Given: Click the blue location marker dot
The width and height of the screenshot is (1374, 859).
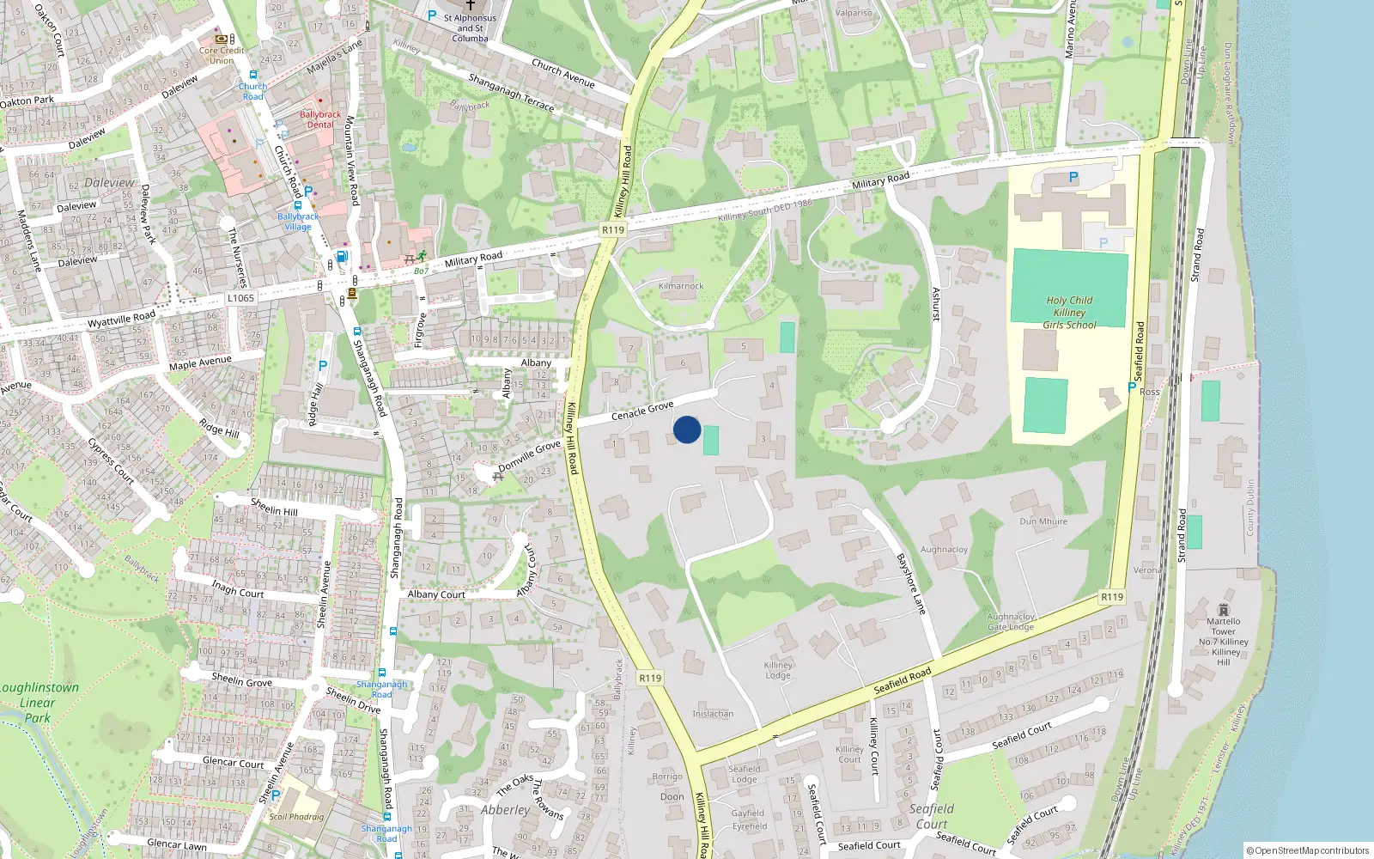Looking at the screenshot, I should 686,429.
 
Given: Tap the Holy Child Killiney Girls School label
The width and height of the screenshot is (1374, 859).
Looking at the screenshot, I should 1069,313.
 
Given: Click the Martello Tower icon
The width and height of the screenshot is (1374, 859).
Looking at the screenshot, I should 1223,609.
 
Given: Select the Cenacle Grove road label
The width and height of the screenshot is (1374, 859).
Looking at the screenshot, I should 641,411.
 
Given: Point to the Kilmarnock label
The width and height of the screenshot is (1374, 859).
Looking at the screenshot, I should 680,286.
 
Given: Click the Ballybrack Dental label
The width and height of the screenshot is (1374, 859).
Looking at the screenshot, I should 320,119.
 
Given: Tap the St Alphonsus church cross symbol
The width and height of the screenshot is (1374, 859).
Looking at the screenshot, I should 470,5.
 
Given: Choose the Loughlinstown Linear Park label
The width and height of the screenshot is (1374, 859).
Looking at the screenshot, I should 38,702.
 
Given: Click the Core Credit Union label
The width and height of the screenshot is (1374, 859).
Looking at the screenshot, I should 222,55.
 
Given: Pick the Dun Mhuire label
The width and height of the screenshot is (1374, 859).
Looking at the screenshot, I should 1043,521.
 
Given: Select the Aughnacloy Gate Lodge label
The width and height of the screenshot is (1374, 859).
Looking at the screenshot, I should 1011,622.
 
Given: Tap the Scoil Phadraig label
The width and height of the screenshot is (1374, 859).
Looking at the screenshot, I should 296,817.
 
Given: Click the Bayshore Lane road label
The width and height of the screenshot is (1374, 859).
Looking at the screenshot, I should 911,583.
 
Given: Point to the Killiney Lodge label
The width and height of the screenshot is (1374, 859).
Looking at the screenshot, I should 778,670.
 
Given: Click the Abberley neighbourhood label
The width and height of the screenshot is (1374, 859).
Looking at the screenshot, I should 505,810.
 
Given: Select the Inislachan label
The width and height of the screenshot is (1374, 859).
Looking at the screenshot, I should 713,714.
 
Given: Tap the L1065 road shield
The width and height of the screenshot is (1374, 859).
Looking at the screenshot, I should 240,298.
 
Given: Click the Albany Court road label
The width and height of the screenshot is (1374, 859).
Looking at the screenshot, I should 436,594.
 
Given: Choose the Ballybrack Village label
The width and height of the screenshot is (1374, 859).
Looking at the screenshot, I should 297,222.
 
